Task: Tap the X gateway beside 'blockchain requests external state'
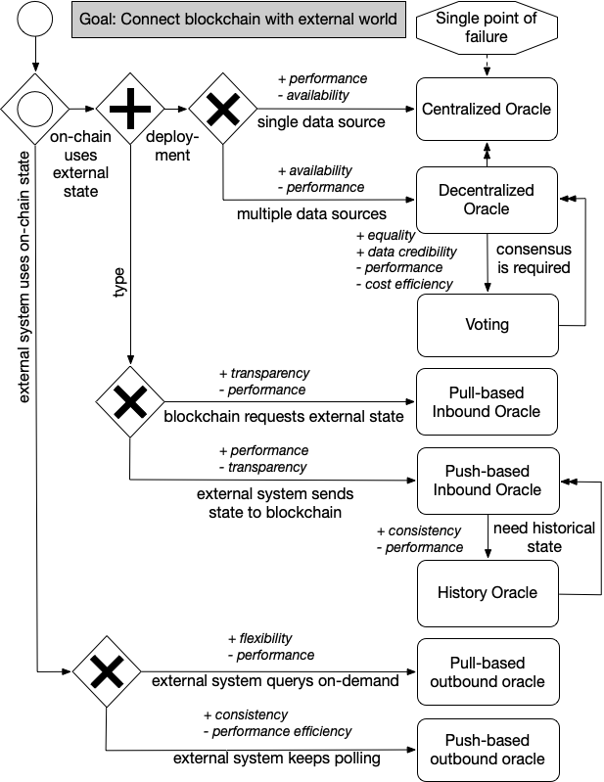click(x=130, y=401)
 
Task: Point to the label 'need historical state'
click(x=544, y=536)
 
